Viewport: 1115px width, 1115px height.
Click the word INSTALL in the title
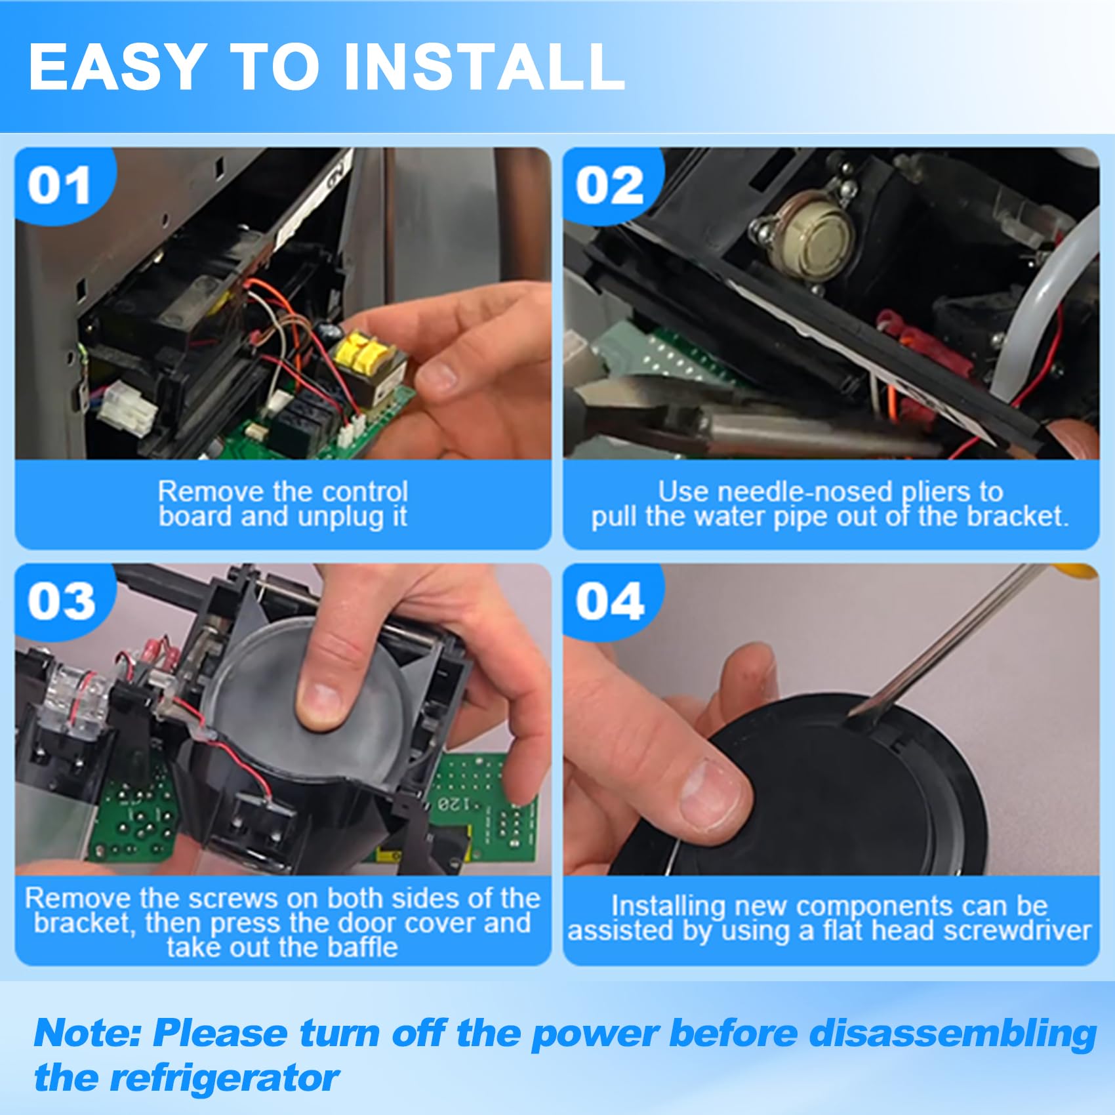click(483, 66)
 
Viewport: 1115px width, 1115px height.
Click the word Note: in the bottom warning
click(88, 1033)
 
